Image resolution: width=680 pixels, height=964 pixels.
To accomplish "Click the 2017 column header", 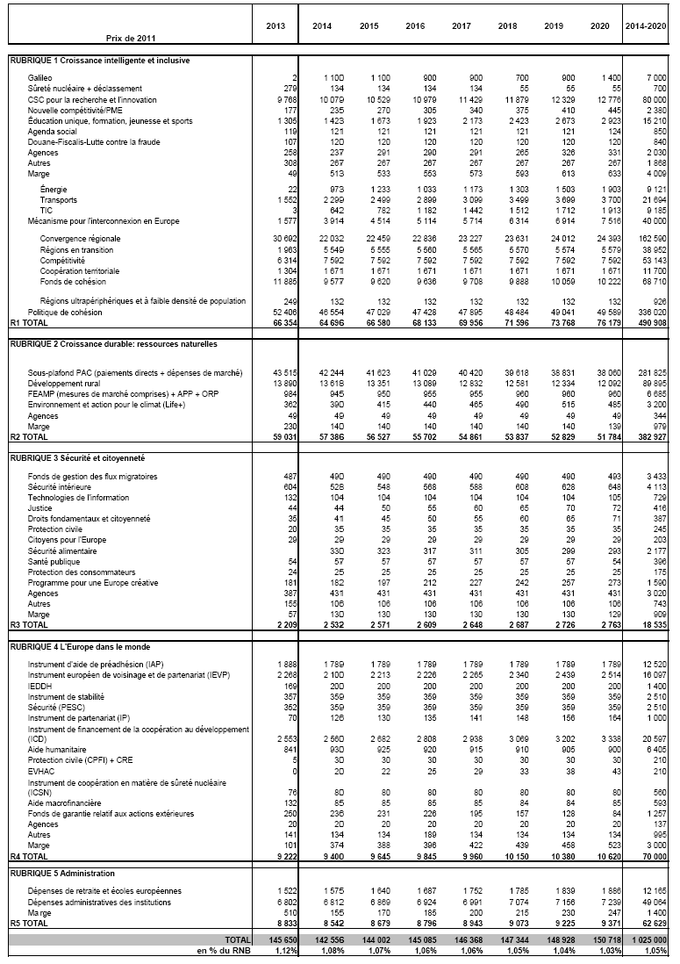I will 462,26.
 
